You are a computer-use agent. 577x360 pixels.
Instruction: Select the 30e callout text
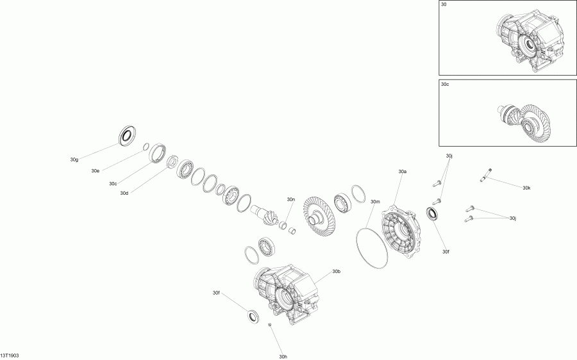(x=95, y=171)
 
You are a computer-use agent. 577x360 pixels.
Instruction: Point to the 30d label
(x=124, y=193)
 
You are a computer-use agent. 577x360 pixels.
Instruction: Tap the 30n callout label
(x=291, y=199)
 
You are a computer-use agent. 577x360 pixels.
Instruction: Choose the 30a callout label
(x=403, y=172)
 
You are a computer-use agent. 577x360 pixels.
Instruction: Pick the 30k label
(x=526, y=188)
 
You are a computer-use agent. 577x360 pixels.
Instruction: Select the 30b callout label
(x=337, y=272)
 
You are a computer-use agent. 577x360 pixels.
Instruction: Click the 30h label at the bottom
(x=283, y=357)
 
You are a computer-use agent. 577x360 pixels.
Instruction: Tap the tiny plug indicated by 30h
(x=271, y=326)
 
